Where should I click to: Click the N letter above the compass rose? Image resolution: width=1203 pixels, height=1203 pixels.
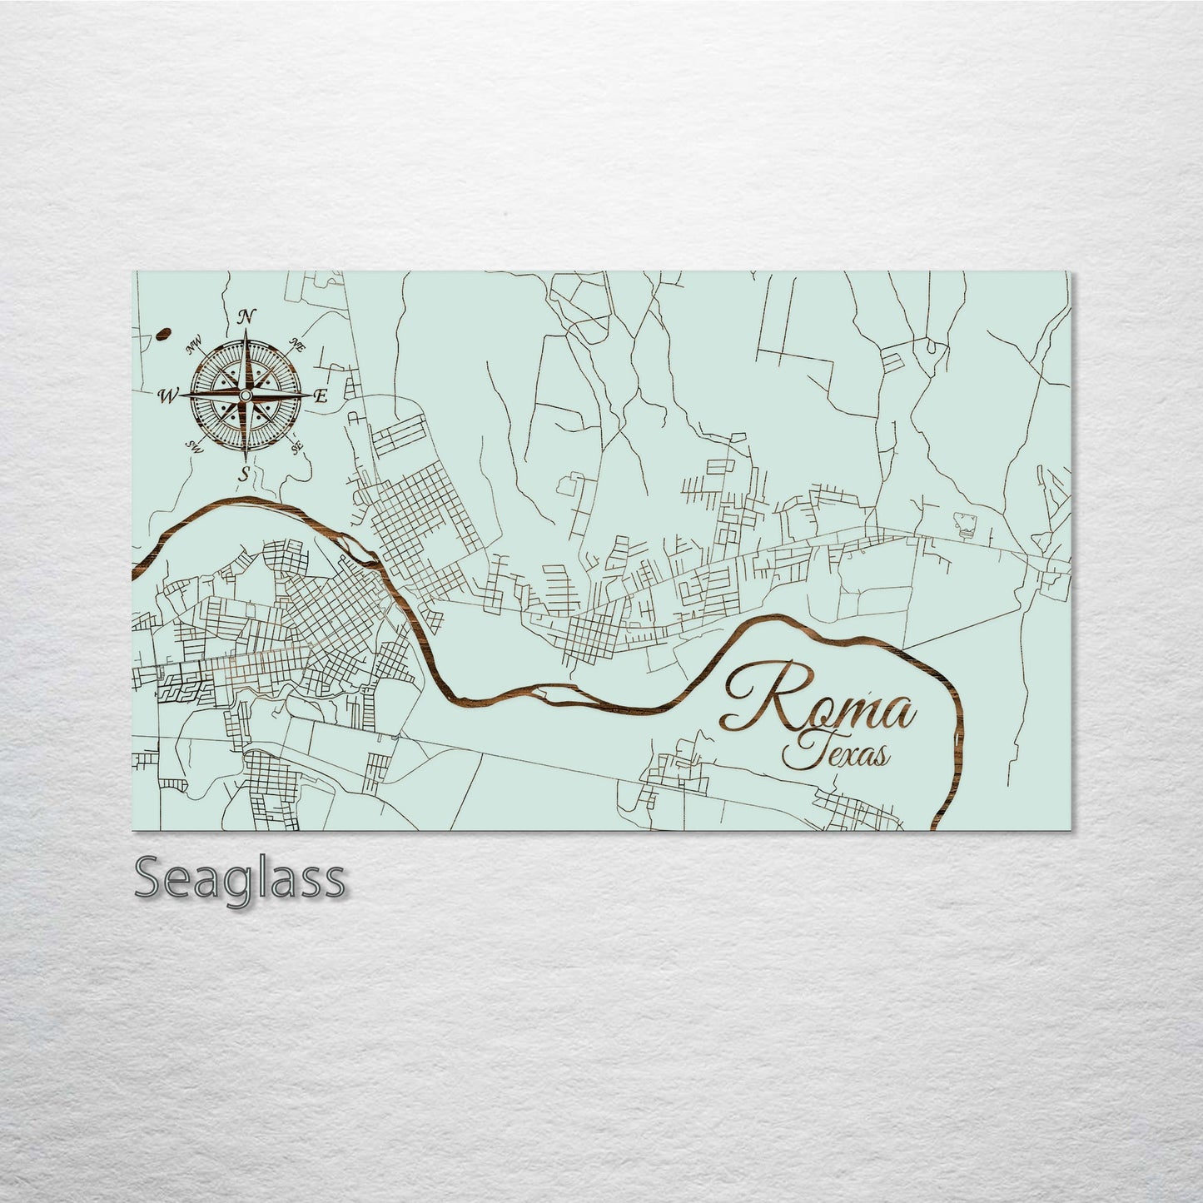[246, 316]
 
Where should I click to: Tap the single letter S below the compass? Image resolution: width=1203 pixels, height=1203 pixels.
[244, 475]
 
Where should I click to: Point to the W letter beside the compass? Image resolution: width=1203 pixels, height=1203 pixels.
[169, 395]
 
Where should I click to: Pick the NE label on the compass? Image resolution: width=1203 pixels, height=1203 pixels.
[295, 344]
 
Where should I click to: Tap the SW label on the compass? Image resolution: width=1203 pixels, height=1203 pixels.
[196, 444]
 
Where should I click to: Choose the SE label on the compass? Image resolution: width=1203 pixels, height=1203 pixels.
[296, 447]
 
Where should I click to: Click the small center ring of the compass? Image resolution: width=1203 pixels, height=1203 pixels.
[246, 395]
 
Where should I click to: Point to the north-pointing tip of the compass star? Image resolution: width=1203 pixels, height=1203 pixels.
[246, 331]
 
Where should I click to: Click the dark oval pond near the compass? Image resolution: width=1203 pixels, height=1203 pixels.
[162, 336]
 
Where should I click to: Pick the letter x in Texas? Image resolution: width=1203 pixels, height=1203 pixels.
[844, 755]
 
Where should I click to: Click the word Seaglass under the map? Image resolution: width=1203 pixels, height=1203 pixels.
[239, 878]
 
